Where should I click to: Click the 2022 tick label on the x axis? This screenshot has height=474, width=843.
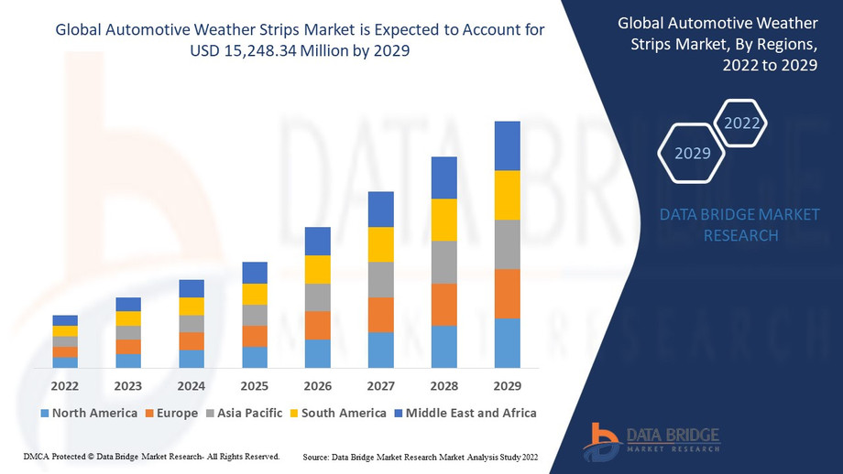pos(65,386)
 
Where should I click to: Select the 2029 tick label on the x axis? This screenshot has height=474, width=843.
pos(507,386)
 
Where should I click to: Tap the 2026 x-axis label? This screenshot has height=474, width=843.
pos(318,386)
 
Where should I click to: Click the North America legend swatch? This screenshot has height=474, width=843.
pos(44,414)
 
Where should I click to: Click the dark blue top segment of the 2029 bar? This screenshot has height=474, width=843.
pos(507,145)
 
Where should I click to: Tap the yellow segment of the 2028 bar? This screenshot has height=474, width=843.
pos(443,220)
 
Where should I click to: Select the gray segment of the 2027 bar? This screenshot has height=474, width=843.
pos(381,279)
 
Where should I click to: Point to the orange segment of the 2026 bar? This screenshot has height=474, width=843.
pos(318,325)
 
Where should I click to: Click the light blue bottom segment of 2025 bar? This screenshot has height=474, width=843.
pos(255,357)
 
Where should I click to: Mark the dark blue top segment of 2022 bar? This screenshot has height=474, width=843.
pos(65,320)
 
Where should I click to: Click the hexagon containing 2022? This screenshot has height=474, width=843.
pos(741,123)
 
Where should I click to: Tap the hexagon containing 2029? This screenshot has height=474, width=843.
pos(693,153)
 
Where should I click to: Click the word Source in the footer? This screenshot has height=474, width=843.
pos(316,456)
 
